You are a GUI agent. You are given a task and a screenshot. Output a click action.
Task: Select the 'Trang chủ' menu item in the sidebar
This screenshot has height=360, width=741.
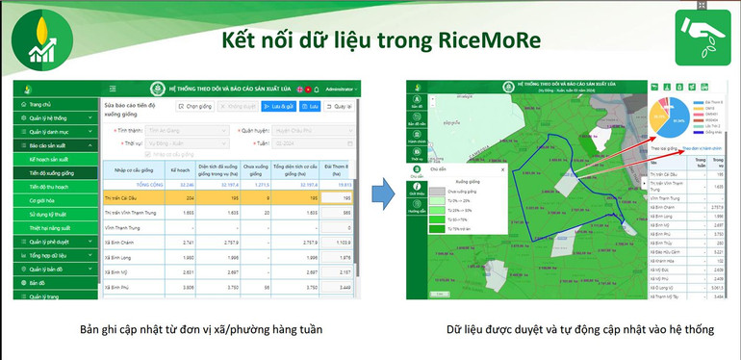[40, 104]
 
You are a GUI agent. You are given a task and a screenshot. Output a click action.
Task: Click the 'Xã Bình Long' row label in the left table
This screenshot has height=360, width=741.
[119, 258]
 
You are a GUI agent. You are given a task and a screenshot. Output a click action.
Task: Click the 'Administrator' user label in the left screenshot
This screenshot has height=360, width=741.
[342, 89]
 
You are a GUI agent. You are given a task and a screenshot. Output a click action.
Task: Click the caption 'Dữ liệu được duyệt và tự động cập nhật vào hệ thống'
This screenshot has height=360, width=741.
[580, 330]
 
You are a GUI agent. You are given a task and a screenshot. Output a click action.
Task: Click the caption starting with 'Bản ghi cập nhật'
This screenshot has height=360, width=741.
[201, 330]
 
